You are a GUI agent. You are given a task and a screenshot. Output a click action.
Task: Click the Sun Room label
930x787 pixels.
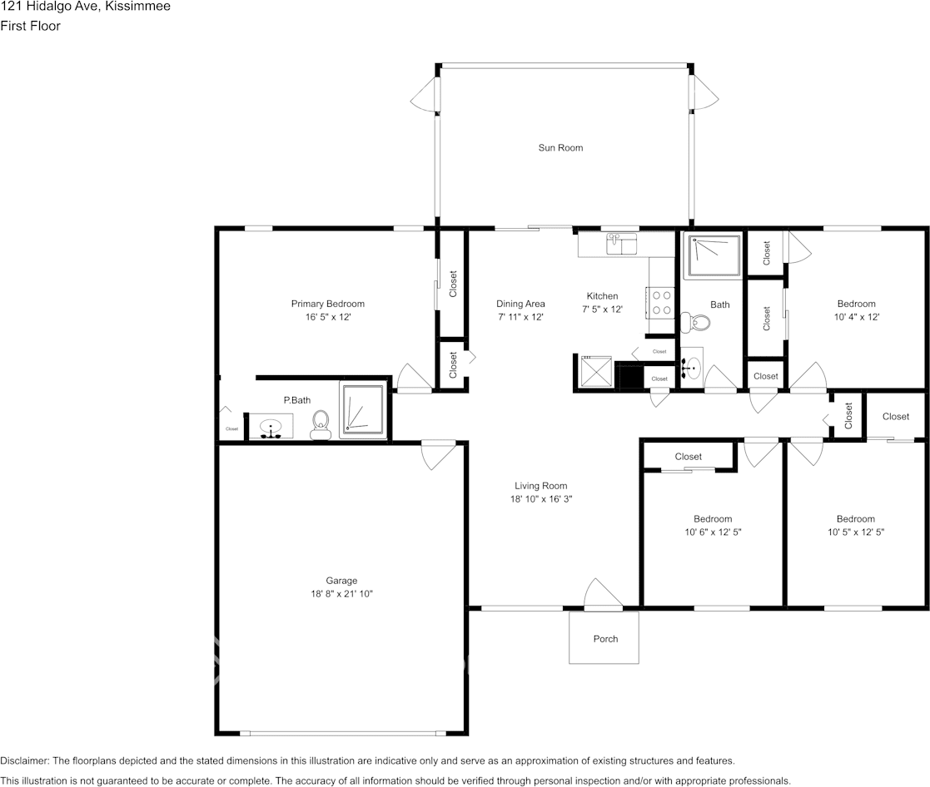click(x=560, y=148)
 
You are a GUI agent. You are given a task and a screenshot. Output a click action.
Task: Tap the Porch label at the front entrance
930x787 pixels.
click(x=605, y=639)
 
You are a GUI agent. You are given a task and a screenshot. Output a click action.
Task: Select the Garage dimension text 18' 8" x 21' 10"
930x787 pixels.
click(x=341, y=594)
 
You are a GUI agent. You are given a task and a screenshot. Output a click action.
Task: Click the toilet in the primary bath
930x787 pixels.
click(x=320, y=425)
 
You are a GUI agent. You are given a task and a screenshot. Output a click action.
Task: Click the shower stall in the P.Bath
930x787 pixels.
click(x=363, y=409)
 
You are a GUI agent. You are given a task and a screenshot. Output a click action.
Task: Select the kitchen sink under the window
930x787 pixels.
click(x=619, y=245)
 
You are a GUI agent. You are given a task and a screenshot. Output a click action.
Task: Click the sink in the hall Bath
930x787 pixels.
click(x=692, y=364)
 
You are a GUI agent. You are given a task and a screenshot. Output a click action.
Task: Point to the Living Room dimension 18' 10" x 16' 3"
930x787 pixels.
click(x=541, y=499)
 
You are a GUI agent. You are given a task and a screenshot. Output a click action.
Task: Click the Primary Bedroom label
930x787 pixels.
click(x=327, y=304)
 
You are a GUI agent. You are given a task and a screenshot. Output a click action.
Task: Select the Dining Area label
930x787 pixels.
click(x=520, y=304)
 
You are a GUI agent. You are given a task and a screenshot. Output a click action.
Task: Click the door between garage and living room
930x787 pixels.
click(x=438, y=453)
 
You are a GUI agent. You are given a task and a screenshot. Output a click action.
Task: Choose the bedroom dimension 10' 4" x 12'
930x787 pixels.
click(x=856, y=317)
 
